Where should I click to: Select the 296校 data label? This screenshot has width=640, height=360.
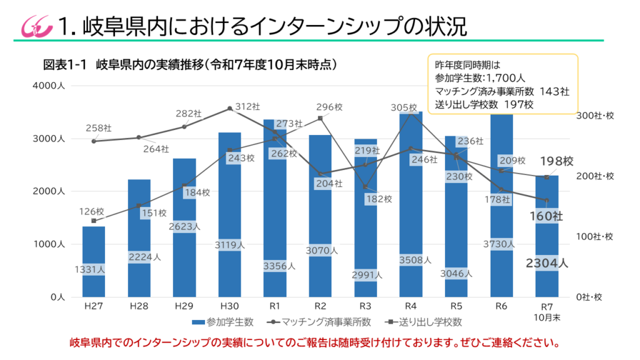click(330, 107)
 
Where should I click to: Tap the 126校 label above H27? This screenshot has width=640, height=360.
click(91, 211)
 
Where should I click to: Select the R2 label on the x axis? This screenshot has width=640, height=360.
click(320, 306)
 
